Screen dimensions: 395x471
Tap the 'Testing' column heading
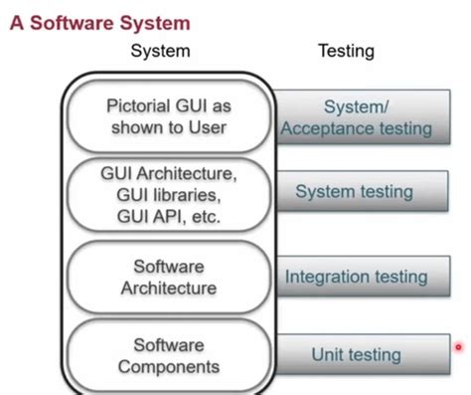click(347, 51)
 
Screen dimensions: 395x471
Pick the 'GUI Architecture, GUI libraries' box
click(168, 194)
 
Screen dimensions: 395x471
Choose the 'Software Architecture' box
click(168, 277)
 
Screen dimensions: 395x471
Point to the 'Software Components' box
click(168, 354)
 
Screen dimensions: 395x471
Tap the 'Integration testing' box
click(357, 277)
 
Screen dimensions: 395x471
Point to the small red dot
click(458, 347)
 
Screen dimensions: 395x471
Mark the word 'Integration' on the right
click(328, 277)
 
